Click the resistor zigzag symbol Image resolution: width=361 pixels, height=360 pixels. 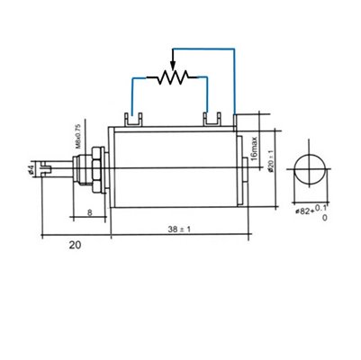point(171,78)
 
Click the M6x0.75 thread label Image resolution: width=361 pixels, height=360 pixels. point(77,138)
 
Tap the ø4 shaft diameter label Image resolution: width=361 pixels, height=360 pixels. point(32,167)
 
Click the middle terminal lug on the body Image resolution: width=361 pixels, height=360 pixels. point(213,118)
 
